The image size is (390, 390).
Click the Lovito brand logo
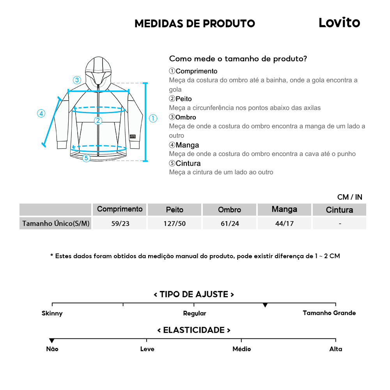click(x=339, y=23)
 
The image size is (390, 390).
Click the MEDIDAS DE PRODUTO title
click(x=195, y=23)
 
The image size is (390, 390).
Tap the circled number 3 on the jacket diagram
click(x=77, y=80)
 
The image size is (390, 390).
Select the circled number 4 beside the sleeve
click(x=41, y=113)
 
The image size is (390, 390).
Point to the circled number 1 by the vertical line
click(x=153, y=118)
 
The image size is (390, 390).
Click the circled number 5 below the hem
click(x=86, y=158)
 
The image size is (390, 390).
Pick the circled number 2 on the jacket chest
click(x=98, y=121)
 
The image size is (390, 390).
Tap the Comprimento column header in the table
click(x=120, y=209)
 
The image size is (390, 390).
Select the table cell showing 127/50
click(x=174, y=223)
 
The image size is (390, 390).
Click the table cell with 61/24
click(x=229, y=223)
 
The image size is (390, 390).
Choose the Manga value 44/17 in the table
click(x=284, y=223)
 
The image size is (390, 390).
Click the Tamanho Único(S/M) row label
click(x=56, y=223)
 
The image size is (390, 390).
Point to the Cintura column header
click(x=339, y=210)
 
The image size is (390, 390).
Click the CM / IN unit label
click(x=349, y=197)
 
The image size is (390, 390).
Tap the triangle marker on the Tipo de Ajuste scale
click(x=265, y=305)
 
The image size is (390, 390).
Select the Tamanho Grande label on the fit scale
click(x=329, y=313)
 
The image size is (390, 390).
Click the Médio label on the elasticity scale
click(x=241, y=349)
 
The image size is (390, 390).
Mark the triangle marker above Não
click(x=52, y=341)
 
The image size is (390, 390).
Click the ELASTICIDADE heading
click(x=194, y=330)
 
